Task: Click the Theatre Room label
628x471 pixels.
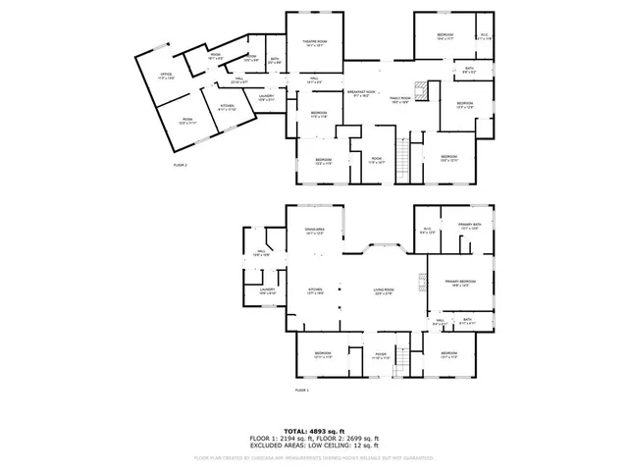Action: [315, 43]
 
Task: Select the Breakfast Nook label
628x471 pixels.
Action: [360, 94]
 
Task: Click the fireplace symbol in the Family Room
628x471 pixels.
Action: [420, 90]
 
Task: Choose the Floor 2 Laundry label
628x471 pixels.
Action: [267, 97]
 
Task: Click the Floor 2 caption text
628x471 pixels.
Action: [180, 166]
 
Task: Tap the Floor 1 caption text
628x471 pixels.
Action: [302, 391]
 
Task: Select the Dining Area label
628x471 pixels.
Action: [314, 233]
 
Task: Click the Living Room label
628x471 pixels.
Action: [383, 290]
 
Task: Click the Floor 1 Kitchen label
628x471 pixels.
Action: [316, 290]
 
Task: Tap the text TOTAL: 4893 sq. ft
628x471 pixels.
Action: [313, 432]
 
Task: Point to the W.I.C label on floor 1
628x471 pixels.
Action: [427, 232]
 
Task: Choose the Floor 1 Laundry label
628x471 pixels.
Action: [267, 291]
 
